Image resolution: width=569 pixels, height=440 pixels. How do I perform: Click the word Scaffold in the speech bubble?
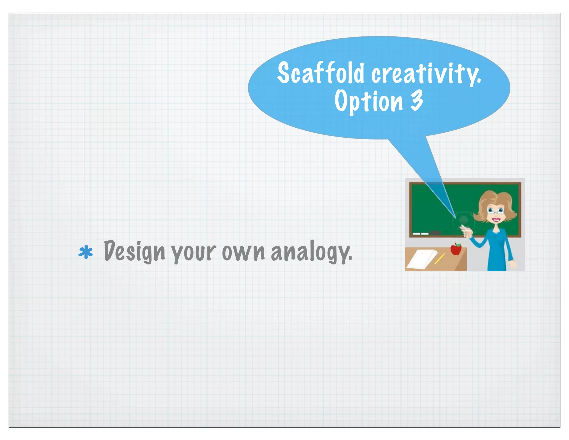click(x=320, y=73)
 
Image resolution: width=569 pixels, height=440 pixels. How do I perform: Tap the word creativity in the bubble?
click(x=426, y=73)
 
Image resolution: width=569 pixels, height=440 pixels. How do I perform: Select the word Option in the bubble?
click(x=368, y=101)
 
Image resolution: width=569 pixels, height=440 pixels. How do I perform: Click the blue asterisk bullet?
click(x=86, y=252)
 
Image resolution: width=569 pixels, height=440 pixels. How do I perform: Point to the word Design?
click(x=134, y=251)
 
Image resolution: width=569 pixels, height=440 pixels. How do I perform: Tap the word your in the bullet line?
click(x=194, y=253)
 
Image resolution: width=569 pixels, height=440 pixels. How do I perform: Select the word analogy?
click(x=311, y=252)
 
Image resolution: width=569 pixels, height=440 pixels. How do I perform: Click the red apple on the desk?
click(x=456, y=249)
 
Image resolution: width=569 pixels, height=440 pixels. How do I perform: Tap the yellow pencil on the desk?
click(x=440, y=259)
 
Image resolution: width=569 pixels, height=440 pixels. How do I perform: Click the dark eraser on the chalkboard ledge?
click(x=435, y=232)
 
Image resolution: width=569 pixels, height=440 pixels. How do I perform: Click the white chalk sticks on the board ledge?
click(x=420, y=234)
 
